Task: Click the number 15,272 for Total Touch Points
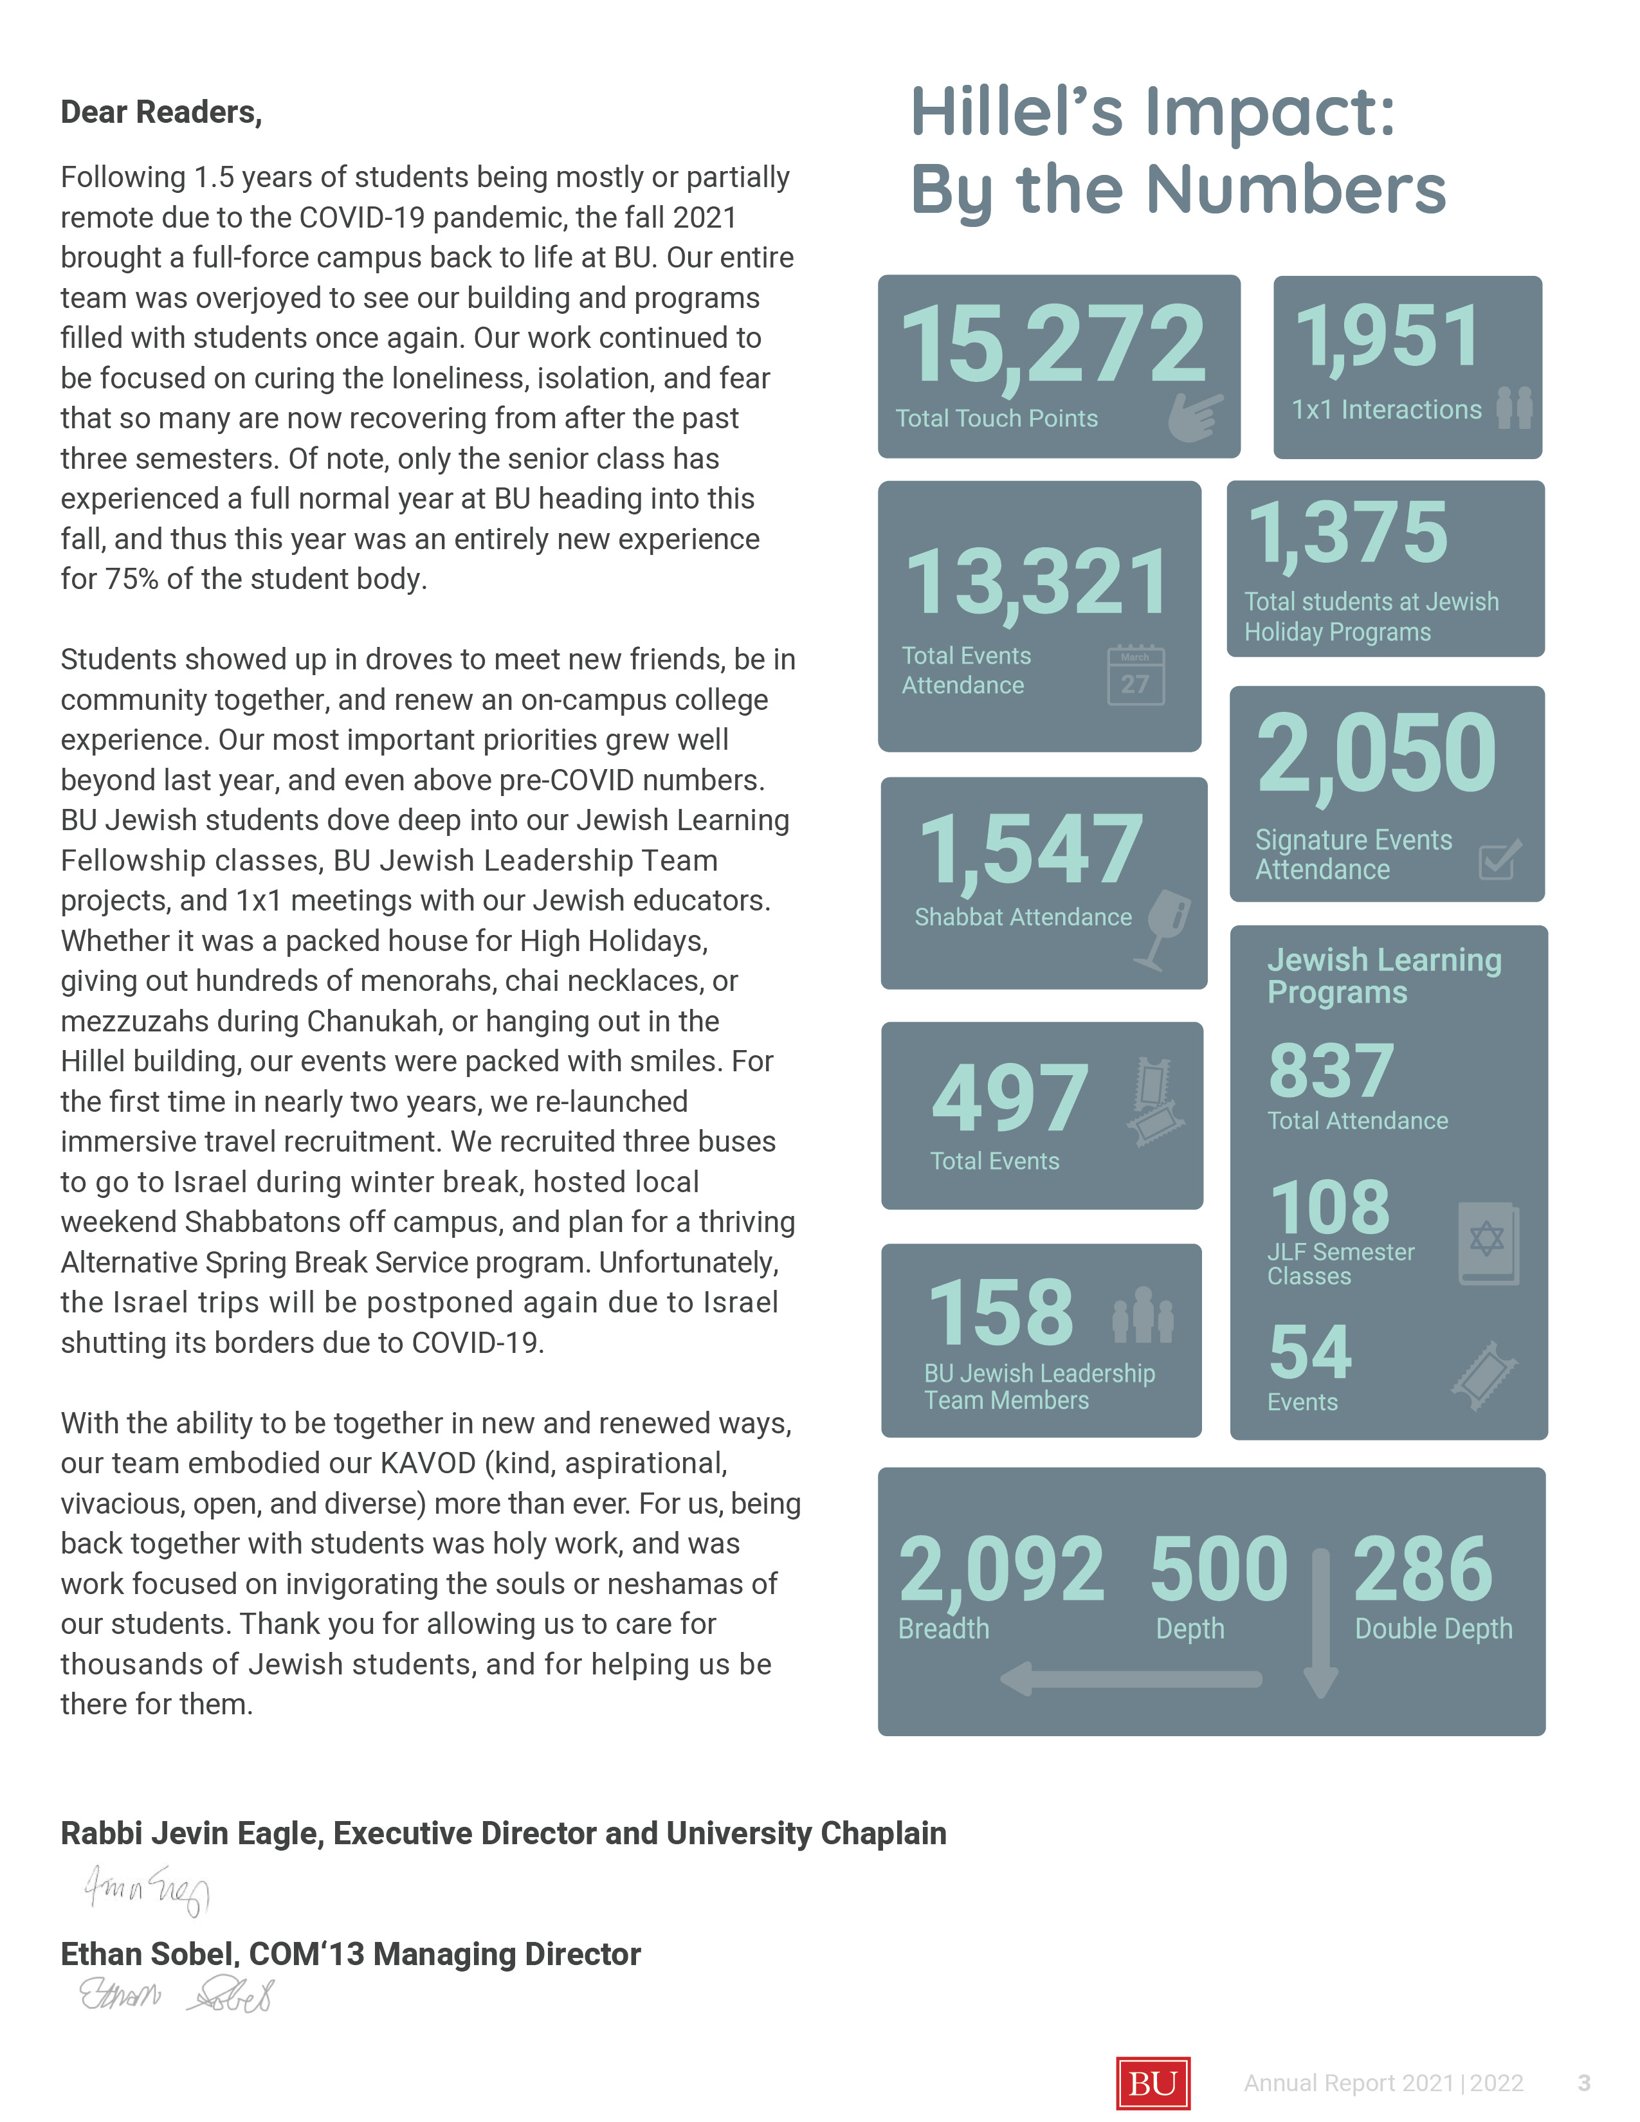(1053, 345)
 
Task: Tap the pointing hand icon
(1195, 417)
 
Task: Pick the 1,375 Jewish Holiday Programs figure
(1347, 532)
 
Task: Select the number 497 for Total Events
(1010, 1099)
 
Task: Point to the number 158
(1001, 1312)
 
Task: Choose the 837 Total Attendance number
(1331, 1071)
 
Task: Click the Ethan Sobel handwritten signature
(176, 1994)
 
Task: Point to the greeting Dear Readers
(161, 113)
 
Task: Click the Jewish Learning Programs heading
(1383, 975)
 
